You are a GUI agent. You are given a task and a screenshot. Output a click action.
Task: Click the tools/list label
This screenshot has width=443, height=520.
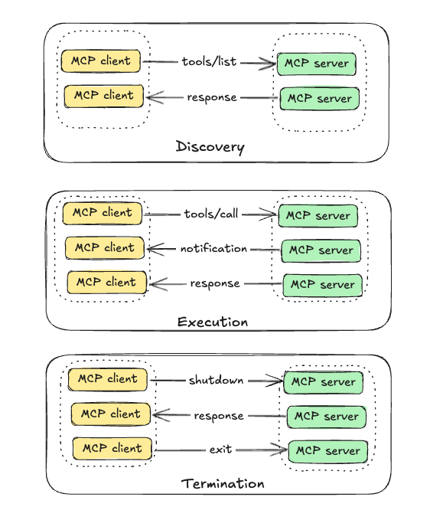point(210,61)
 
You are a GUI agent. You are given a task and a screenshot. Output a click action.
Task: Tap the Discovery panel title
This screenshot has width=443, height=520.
point(210,147)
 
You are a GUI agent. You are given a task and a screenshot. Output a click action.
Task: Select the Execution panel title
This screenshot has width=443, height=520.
point(213,322)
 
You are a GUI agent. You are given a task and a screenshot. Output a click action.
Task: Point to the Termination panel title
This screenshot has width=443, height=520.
point(223,484)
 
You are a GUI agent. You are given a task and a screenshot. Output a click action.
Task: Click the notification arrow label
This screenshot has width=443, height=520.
point(213,248)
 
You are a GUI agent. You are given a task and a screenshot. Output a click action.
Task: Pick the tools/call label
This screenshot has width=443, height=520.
point(211,214)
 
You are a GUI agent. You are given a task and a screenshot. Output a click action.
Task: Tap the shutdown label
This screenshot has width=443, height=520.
point(216,380)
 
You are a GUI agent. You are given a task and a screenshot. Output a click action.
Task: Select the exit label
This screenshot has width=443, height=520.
point(220,450)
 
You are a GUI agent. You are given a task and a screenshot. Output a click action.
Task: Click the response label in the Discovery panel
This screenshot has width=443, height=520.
point(212,97)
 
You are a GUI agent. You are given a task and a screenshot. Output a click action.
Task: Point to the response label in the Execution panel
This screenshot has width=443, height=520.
point(215,283)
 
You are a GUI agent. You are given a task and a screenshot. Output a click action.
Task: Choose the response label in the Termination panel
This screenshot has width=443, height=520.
point(219,416)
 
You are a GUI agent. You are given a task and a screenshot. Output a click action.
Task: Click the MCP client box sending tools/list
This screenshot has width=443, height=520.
point(101,61)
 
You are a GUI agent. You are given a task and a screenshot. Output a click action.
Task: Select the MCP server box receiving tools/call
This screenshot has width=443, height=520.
point(318,216)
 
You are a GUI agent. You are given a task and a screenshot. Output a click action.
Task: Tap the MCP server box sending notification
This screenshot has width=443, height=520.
point(321,250)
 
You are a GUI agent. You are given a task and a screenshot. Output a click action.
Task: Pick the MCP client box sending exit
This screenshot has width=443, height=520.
point(112,449)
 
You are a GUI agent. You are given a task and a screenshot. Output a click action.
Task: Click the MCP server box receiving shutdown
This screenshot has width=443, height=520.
point(324,382)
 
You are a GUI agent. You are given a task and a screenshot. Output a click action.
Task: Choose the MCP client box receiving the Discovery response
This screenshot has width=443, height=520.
point(104,96)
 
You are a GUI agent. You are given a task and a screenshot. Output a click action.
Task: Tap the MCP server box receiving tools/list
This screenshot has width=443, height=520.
point(317,64)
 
